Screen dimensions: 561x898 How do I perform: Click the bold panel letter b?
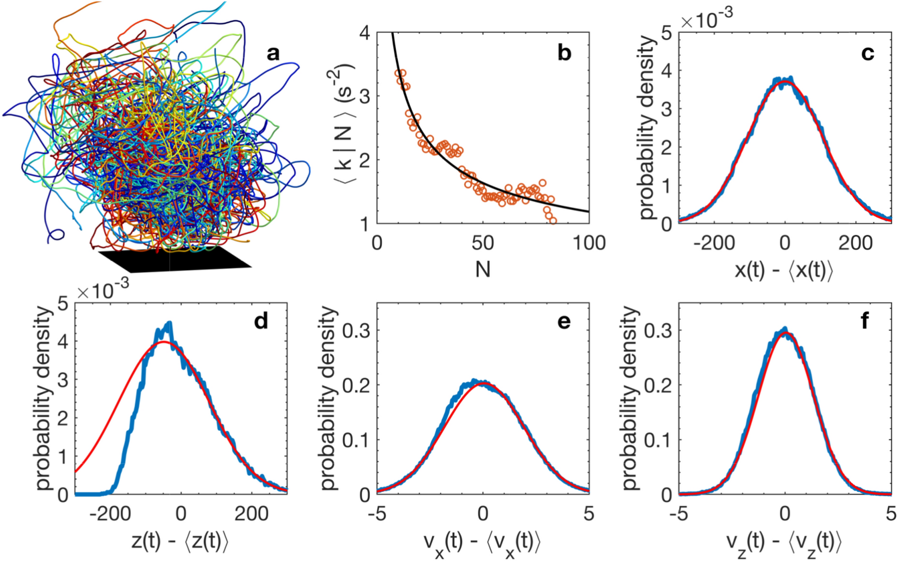coord(564,53)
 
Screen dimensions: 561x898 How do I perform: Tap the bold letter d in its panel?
coord(261,321)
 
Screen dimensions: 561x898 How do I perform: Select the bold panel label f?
coord(865,321)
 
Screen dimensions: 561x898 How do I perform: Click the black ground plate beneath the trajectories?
coord(174,260)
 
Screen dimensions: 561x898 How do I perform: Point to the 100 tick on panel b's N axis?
coord(589,242)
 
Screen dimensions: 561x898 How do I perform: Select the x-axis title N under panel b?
coord(483,269)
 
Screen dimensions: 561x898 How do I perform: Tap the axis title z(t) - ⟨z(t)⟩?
coord(180,541)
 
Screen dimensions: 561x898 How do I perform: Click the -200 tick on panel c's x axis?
coord(714,242)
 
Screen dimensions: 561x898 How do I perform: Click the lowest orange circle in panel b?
coord(553,221)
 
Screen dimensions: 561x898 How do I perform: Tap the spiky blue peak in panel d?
coord(169,323)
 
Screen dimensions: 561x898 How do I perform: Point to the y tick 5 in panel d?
coord(63,303)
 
